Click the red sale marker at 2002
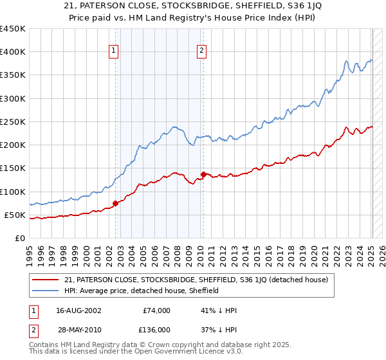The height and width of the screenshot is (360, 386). (116, 203)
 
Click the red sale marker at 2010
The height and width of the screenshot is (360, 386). (203, 174)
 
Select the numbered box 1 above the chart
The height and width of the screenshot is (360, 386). (114, 51)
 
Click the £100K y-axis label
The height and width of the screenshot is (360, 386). (13, 192)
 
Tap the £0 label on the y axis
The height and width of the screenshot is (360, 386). (19, 238)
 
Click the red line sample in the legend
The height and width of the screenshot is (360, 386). (46, 280)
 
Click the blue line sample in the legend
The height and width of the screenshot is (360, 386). (46, 291)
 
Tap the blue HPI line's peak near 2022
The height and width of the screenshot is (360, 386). (346, 62)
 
